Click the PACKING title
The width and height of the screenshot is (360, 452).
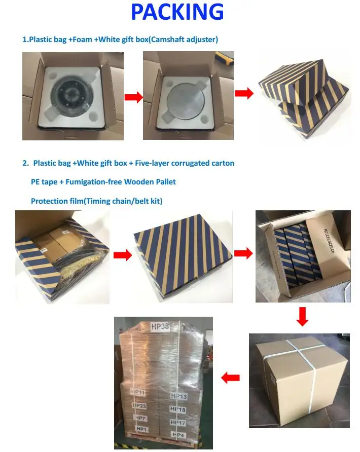pos(177,12)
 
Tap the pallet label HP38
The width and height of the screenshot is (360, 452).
pos(160,327)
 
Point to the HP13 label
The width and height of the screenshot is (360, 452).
pos(179,396)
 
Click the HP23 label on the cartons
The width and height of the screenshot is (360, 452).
pos(139,406)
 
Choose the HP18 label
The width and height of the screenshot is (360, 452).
pos(178,409)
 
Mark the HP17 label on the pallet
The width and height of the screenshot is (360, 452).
pos(177,422)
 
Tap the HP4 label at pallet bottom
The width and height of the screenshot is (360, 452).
pos(178,435)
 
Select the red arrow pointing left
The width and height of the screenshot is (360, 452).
pos(231,377)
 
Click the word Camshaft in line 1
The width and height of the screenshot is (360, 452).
pos(171,40)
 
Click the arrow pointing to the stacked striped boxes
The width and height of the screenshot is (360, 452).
pos(243,94)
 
